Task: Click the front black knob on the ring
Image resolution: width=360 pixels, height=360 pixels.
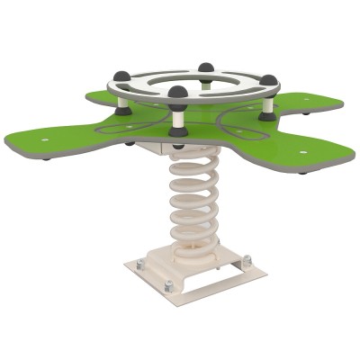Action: coord(178,94)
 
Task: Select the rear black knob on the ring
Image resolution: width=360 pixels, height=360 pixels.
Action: coord(206,68)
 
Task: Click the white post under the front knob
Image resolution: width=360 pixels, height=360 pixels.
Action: coord(178,117)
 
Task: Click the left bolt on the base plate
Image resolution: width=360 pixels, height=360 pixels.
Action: coord(139,264)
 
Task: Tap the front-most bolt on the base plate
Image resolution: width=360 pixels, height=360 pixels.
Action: coord(168,287)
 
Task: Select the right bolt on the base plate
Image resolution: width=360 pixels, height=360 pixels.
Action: coord(247,261)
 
